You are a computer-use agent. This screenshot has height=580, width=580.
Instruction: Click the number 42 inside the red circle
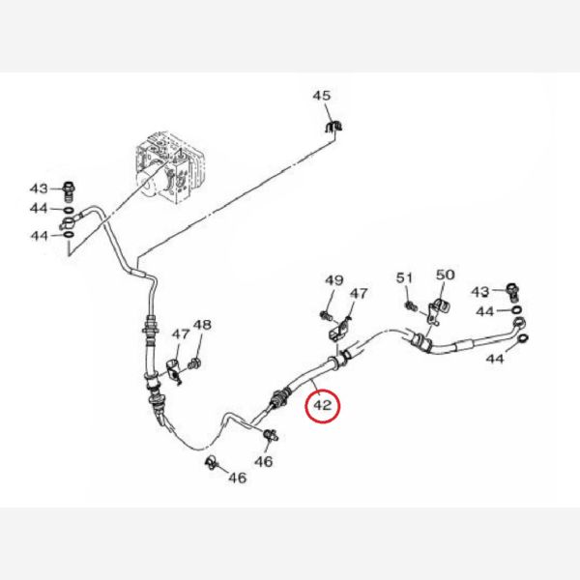pos(323,405)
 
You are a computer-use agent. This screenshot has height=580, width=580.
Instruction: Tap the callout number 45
pos(322,96)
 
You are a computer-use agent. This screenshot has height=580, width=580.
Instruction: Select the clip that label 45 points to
pos(333,127)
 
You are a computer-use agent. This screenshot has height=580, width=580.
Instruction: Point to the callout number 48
pos(202,325)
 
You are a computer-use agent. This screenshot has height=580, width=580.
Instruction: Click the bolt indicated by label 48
pos(194,363)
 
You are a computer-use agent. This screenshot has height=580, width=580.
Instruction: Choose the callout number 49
pos(334,280)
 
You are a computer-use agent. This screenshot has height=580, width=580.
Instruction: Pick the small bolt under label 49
pos(326,315)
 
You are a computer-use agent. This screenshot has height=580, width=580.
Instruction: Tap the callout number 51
pos(404,277)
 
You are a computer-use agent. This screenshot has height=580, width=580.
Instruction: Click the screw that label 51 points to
pos(411,305)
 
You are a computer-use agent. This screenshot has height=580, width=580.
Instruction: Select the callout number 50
pos(446,275)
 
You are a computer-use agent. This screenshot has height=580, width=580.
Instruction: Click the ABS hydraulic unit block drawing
pos(168,166)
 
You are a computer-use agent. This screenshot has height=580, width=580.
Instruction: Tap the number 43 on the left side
pos(39,188)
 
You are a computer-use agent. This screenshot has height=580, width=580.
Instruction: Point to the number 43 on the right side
pos(480,292)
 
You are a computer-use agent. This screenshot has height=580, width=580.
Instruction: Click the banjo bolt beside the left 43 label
pos(70,190)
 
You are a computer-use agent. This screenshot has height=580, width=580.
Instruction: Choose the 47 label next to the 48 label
pos(181,334)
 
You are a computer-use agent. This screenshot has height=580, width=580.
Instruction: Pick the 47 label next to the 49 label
pos(359,294)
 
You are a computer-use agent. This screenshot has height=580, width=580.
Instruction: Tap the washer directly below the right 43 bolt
pos(517,309)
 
